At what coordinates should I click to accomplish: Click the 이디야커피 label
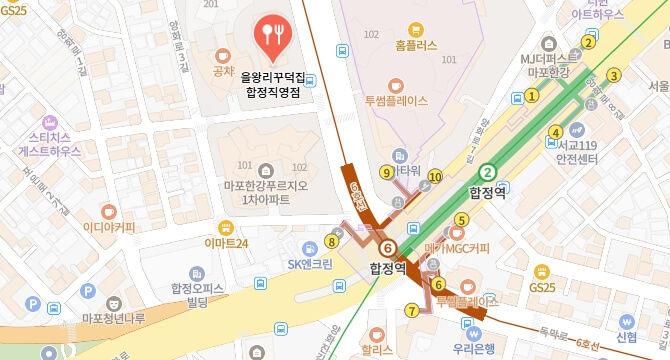point(109,226)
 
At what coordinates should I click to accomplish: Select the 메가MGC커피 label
point(457,248)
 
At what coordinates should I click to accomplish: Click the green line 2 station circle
point(488,171)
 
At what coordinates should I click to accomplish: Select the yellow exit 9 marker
point(386,172)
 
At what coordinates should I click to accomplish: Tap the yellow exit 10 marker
point(434,178)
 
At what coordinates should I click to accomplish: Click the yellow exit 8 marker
point(332,240)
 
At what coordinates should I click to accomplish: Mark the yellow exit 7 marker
point(412,311)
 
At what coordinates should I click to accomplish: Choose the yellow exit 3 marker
point(614,74)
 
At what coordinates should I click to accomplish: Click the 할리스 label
point(377,351)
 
